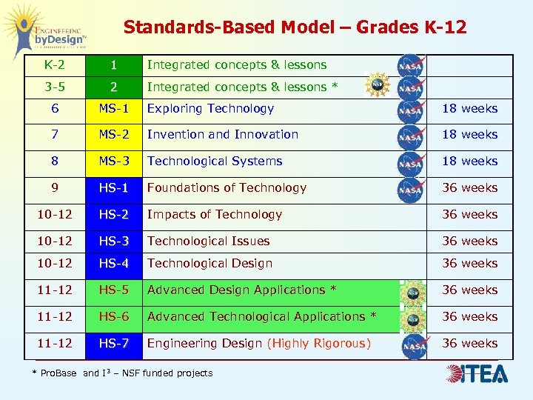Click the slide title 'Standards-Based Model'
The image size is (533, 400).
click(x=295, y=27)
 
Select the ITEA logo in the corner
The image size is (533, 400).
click(x=477, y=373)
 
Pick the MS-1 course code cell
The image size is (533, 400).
click(x=114, y=109)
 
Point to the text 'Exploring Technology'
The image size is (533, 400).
click(x=210, y=109)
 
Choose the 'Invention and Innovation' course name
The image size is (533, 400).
click(x=222, y=135)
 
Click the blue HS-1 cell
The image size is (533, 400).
click(x=114, y=188)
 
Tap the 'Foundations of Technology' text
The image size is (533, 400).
click(x=227, y=188)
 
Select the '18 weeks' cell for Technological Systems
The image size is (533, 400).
click(x=469, y=161)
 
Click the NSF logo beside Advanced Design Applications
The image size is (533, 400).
click(x=412, y=292)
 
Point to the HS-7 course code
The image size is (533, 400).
click(x=114, y=344)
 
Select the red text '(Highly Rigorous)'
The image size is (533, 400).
click(x=319, y=344)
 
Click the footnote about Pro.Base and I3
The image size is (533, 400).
click(x=122, y=373)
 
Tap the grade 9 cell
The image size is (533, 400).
click(x=55, y=188)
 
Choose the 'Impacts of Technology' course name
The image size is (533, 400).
click(x=215, y=215)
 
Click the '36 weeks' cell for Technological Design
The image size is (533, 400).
click(x=469, y=264)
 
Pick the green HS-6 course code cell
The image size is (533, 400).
click(x=114, y=317)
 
